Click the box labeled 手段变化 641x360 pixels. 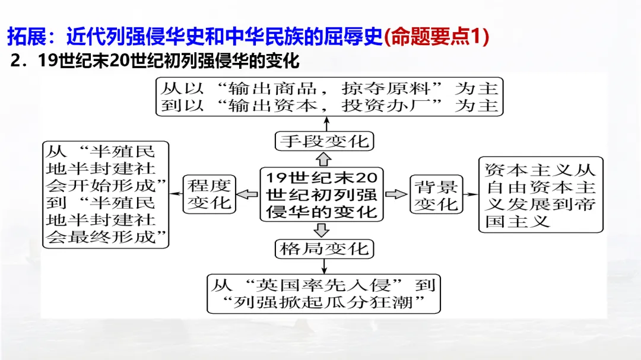click(325, 141)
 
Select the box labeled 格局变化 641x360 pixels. click(325, 248)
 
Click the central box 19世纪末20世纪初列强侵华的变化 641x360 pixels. click(321, 195)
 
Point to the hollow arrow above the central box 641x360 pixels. click(323, 158)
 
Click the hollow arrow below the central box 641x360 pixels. click(323, 230)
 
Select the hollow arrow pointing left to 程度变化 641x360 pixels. click(247, 194)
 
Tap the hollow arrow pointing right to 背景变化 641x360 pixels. click(394, 194)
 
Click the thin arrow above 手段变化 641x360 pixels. click(325, 123)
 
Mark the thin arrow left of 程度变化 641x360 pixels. click(176, 194)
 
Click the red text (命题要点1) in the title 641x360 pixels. click(436, 37)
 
